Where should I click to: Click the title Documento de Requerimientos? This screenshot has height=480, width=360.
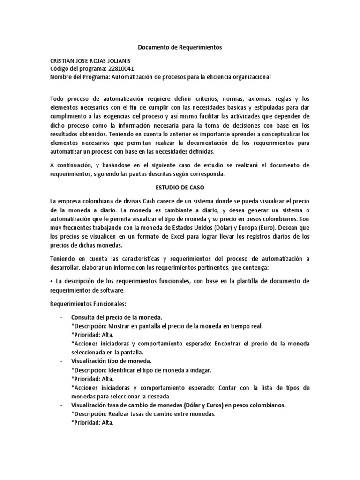click(x=180, y=47)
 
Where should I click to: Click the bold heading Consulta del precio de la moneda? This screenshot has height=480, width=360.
click(x=116, y=317)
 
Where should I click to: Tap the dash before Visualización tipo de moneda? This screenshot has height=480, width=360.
click(x=61, y=361)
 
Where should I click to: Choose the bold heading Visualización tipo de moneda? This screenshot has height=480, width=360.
click(x=111, y=361)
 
